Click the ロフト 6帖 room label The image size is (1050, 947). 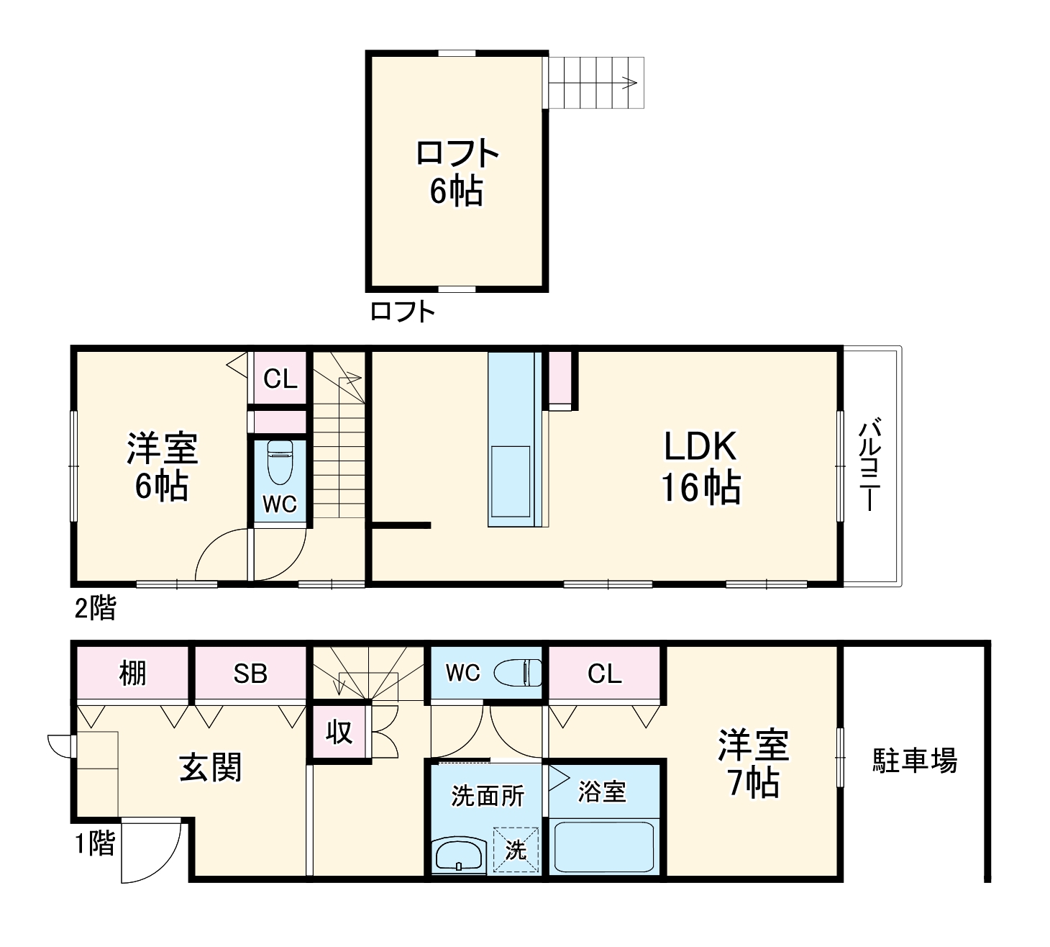[x=457, y=172]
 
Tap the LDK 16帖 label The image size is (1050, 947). [x=700, y=467]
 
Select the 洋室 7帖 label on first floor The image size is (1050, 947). [x=753, y=764]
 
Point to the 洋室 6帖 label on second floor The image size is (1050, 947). [x=162, y=467]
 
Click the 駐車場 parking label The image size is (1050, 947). [x=915, y=760]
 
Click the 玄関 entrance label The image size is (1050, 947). [x=211, y=768]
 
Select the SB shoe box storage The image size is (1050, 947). [x=250, y=674]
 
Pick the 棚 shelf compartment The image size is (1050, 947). [x=132, y=674]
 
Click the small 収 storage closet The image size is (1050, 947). [x=339, y=732]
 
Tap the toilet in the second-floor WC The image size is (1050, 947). [x=280, y=463]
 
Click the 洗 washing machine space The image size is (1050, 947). [x=516, y=850]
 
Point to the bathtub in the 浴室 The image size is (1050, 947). [x=604, y=846]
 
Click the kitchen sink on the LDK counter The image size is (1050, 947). [x=510, y=480]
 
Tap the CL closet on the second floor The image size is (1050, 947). [x=280, y=379]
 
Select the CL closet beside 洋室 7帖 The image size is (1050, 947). [x=604, y=674]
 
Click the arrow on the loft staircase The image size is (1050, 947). [x=628, y=82]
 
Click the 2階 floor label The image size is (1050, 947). [x=96, y=609]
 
